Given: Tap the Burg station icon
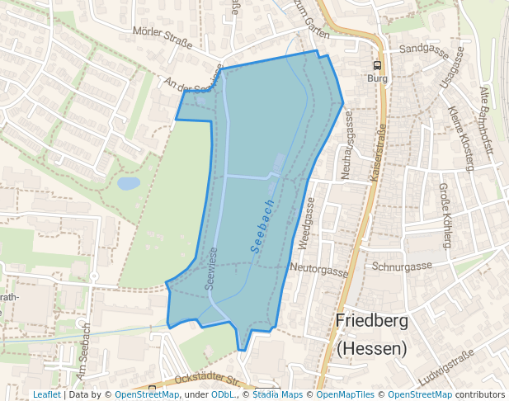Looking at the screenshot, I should point(377,65).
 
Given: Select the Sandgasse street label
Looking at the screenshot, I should point(423,50).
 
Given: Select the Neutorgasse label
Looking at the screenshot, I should point(320,269).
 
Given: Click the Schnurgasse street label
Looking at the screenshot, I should point(402,267).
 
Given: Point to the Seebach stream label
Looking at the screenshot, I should point(262,225).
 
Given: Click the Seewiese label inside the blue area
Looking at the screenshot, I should point(211,269).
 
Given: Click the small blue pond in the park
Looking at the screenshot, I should point(129,183).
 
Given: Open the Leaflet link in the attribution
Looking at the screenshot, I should point(46,395).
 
